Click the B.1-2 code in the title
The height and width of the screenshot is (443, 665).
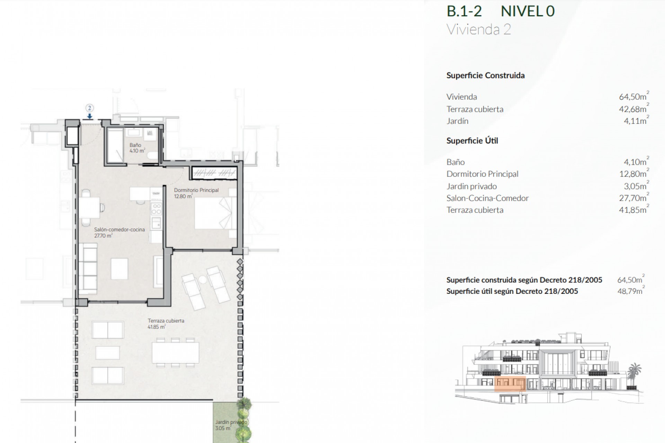[x=464, y=11]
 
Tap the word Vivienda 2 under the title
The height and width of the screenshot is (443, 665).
[x=479, y=29]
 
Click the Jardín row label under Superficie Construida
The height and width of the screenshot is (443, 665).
[x=457, y=121]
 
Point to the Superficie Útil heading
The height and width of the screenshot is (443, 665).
[x=472, y=141]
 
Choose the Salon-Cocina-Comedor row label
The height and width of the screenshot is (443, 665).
[x=487, y=198]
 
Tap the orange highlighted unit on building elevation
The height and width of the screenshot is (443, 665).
[x=510, y=383]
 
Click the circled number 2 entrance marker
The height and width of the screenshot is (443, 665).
[x=89, y=108]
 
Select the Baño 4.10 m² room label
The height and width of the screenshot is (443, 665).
[x=137, y=148]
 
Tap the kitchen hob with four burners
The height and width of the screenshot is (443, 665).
[x=157, y=209]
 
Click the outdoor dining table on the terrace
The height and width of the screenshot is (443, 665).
[x=175, y=352]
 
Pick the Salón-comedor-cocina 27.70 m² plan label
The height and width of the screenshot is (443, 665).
[x=119, y=232]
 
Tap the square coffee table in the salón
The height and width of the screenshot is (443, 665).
[x=119, y=269]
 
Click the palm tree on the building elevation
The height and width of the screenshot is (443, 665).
[x=635, y=370]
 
